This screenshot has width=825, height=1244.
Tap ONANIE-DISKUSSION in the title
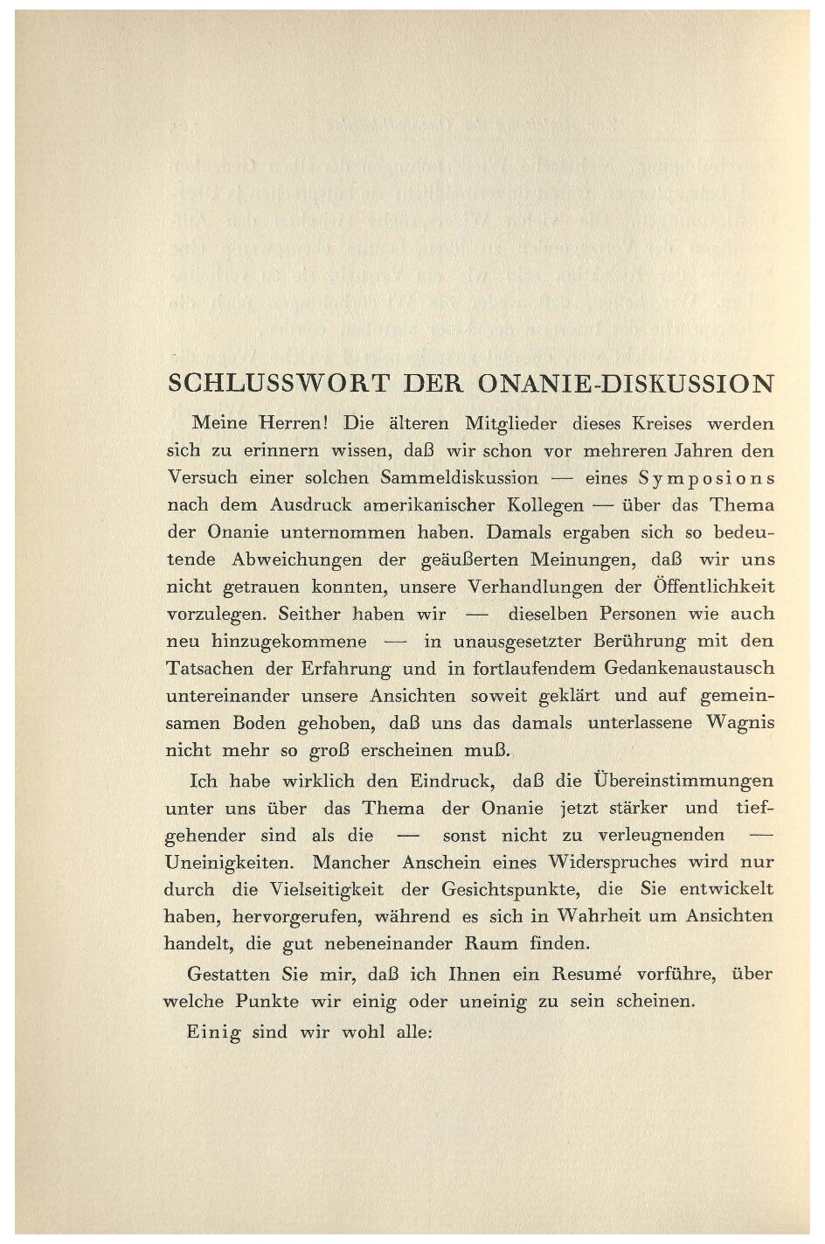click(x=627, y=385)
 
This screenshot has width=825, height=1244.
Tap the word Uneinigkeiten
click(x=228, y=862)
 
